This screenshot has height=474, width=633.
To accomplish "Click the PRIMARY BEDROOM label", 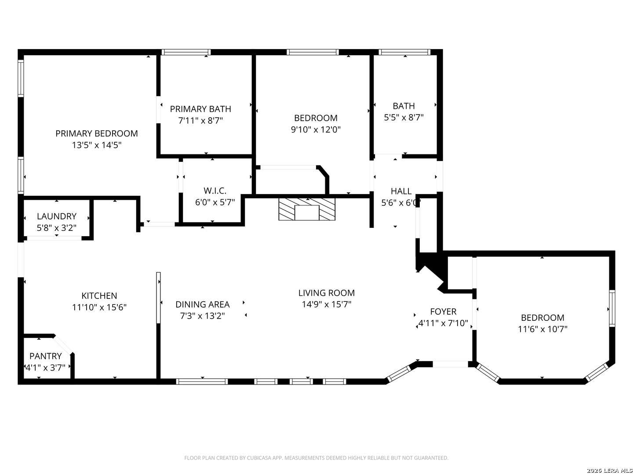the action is (97, 133).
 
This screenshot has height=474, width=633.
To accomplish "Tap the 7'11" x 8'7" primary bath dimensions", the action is (200, 121).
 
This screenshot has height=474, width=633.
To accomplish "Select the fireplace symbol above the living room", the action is (307, 209).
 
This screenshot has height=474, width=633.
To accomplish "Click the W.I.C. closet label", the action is (215, 191).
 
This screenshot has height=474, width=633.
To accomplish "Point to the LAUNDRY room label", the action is (57, 216).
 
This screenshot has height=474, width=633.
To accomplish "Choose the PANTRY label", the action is (46, 356).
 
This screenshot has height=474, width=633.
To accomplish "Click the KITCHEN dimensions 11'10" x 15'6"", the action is (99, 307).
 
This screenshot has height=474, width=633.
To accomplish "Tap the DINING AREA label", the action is (203, 305).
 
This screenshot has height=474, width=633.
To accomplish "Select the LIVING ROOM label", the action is (327, 293).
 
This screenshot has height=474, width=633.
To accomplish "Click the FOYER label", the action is (443, 312).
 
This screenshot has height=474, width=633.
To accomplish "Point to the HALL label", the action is (401, 191).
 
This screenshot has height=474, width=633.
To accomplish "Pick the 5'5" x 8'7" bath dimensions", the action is (404, 118).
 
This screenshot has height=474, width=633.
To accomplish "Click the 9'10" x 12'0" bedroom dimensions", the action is (316, 129).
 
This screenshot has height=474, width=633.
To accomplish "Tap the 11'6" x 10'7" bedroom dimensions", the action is (543, 329).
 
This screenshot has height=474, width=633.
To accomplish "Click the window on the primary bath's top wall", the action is (186, 52).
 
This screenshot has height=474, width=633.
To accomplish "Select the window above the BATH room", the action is (404, 52).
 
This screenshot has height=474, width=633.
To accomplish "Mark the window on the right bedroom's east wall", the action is (612, 309).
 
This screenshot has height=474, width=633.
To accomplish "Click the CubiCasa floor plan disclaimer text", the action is (316, 458).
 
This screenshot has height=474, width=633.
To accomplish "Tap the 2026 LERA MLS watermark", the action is (609, 470).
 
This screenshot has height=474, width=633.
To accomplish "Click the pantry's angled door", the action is (63, 345).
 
